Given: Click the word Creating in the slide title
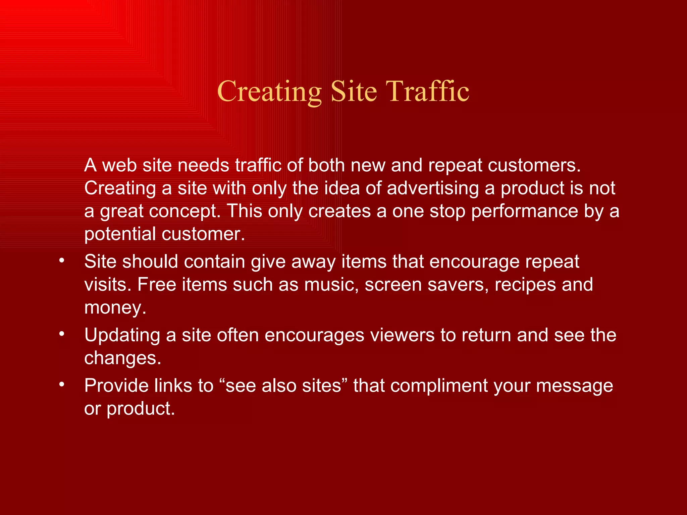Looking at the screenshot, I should [269, 91].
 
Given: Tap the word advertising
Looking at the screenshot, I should [433, 188].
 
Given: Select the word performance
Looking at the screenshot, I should [525, 211].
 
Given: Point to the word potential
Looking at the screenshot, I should [120, 234].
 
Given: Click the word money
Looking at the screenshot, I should [115, 307].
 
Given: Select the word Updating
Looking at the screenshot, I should [122, 335].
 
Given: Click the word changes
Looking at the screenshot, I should [122, 358].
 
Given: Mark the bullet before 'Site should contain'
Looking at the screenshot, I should [61, 261].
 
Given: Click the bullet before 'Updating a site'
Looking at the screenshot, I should [61, 334].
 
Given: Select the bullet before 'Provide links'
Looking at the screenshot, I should [61, 385].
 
